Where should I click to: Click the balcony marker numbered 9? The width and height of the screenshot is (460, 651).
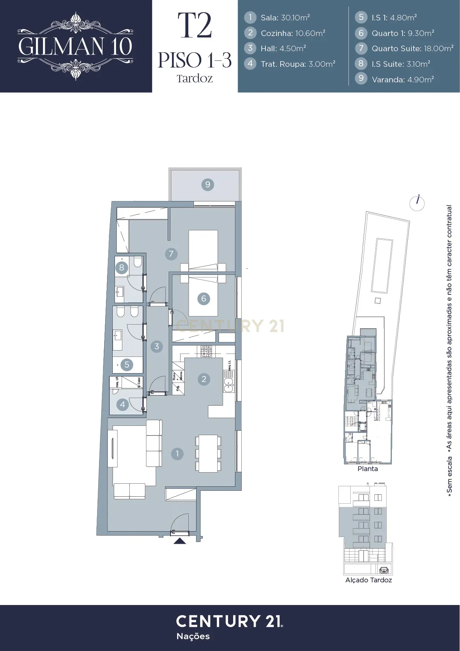tap(208, 184)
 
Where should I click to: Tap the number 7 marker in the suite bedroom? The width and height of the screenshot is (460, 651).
tap(171, 254)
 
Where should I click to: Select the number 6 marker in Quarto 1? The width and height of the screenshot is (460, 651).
tap(203, 299)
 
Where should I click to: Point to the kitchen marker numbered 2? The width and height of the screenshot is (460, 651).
tap(204, 379)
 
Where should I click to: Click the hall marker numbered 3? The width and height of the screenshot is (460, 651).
tap(157, 346)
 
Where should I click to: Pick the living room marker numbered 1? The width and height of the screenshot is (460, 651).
tap(177, 453)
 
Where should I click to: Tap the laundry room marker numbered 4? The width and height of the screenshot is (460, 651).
tap(123, 404)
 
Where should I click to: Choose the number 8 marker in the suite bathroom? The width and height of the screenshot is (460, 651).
tap(122, 267)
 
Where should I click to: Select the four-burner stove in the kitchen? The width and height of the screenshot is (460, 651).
tap(206, 351)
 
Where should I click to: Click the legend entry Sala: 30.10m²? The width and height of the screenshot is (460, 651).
tap(285, 18)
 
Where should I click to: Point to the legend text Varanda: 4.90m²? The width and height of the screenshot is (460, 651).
tap(403, 79)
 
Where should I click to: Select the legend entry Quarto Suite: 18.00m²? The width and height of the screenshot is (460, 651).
tap(412, 49)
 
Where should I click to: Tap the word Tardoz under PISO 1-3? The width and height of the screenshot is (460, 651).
tap(195, 79)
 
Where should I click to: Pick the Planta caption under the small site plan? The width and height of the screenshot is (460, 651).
tap(367, 469)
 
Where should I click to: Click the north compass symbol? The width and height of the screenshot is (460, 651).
tap(417, 203)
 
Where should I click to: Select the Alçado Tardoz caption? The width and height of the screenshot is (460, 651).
tap(368, 580)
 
